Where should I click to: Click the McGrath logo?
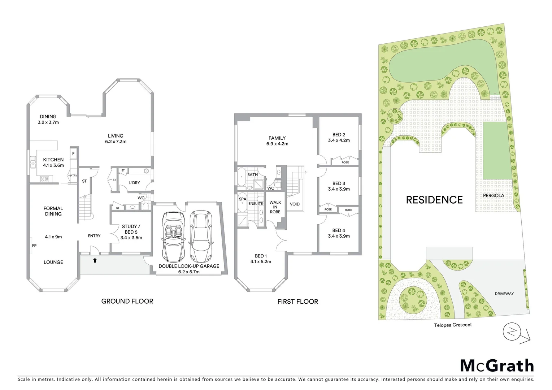(x=497, y=365)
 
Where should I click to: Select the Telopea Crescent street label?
(x=453, y=325)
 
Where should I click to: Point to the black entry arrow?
(x=95, y=260)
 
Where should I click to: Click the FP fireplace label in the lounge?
(x=34, y=246)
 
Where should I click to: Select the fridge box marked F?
(x=73, y=154)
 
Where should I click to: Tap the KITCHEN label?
(x=53, y=160)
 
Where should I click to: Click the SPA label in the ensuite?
(x=243, y=199)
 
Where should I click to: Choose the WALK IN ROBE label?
(x=275, y=207)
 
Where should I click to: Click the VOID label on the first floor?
(x=295, y=204)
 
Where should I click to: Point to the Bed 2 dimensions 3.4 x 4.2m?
(x=339, y=140)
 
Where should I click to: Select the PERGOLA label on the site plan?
(x=494, y=195)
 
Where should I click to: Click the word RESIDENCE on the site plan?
(x=434, y=200)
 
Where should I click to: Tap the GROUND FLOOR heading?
(x=127, y=301)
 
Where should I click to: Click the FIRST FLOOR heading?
(x=297, y=302)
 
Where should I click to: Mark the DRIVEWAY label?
(x=504, y=294)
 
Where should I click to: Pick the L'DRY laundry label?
(x=134, y=183)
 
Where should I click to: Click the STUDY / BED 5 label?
(x=131, y=229)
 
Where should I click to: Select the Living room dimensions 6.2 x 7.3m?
(x=116, y=142)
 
